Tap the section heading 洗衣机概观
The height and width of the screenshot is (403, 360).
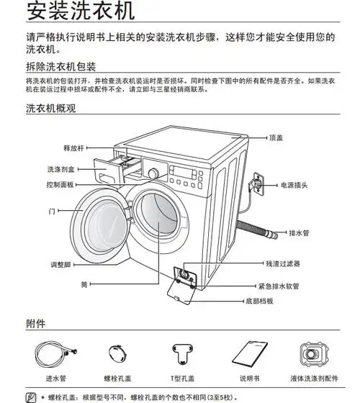tap(50, 110)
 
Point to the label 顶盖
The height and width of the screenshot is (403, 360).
tap(277, 137)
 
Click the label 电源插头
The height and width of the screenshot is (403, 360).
tap(294, 185)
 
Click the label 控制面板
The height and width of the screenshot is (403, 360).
tap(60, 185)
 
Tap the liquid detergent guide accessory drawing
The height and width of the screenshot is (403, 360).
tap(314, 353)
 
